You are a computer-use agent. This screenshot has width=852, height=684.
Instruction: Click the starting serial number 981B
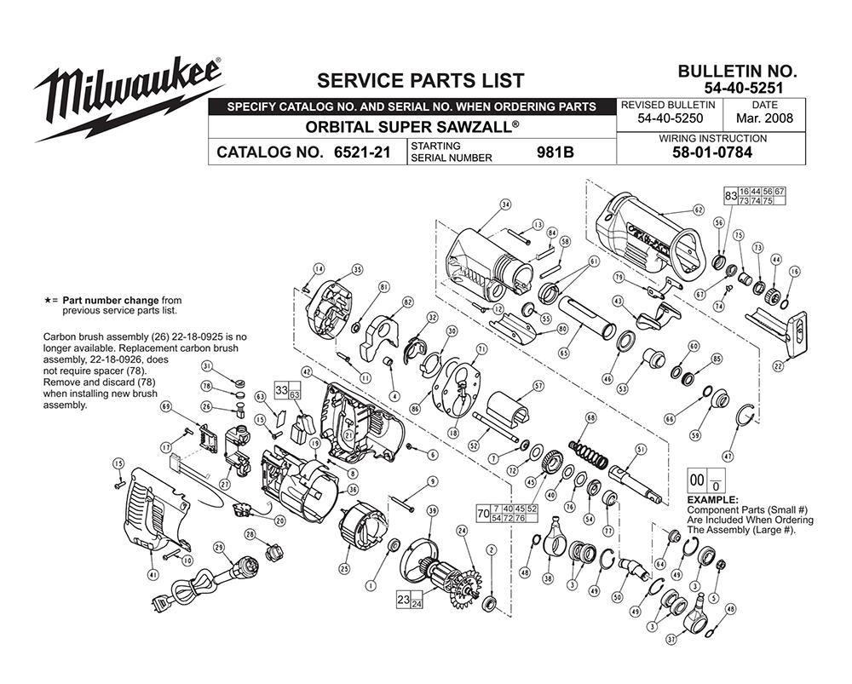555,154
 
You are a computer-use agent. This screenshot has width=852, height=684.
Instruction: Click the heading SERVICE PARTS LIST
420,81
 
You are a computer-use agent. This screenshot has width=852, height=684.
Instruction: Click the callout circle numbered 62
699,209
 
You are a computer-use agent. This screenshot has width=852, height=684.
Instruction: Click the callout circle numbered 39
432,510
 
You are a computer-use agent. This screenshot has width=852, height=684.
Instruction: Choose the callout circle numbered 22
778,366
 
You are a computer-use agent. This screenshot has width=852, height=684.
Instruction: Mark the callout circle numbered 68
590,417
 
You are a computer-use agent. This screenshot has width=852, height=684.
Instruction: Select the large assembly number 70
483,514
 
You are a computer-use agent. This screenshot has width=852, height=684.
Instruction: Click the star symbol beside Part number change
48,301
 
